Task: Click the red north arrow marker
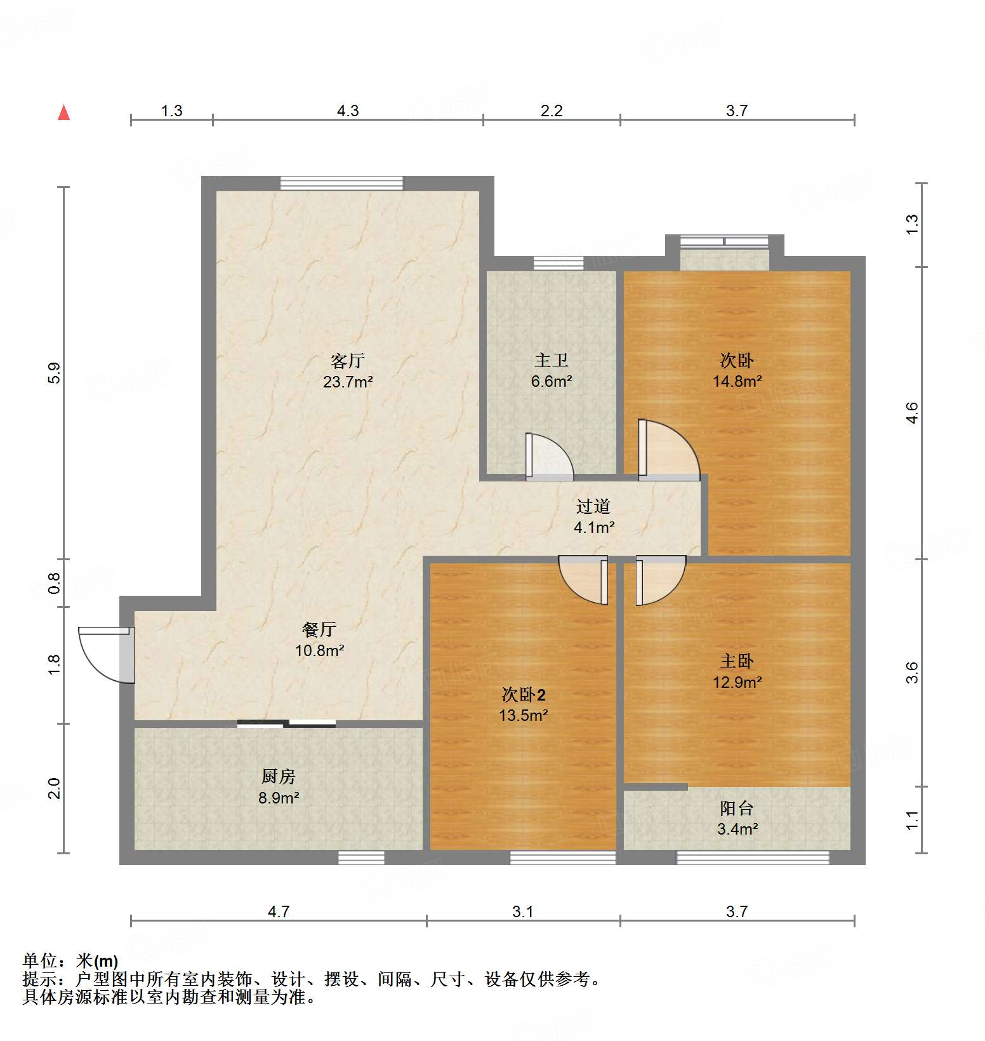63,112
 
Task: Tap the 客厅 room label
347,361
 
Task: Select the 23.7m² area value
347,382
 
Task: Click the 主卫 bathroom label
551,361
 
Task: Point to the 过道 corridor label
593,506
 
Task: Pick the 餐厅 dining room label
319,629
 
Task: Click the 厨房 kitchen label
278,776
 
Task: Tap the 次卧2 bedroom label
523,695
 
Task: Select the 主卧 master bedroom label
736,661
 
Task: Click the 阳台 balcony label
736,808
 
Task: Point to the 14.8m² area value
736,382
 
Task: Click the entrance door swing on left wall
105,654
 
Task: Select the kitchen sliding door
286,723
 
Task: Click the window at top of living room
341,183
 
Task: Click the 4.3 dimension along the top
347,111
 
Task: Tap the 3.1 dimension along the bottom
522,912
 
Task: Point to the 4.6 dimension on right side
912,413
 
